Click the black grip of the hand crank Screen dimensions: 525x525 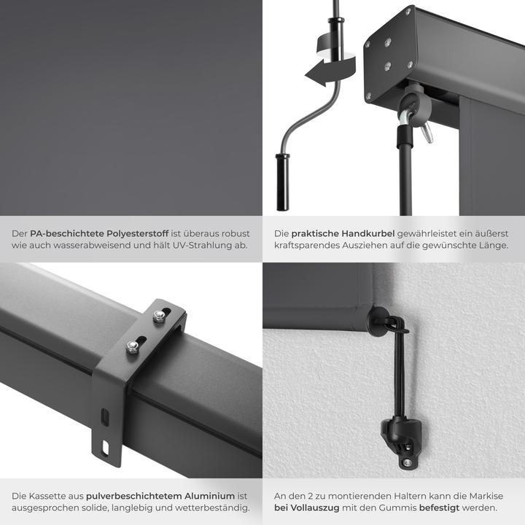282,182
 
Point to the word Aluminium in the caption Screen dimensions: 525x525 210,496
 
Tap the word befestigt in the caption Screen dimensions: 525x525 440,508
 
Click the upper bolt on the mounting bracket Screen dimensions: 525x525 159,316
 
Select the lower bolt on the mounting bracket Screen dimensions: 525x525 133,346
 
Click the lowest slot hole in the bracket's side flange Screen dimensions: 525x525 105,448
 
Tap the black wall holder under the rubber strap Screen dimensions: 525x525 401,442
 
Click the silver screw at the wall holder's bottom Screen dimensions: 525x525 407,463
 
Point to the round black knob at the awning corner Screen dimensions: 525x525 378,320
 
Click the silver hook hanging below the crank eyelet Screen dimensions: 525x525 427,132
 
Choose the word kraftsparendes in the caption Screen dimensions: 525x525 307,246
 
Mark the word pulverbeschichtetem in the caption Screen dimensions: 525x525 133,496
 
